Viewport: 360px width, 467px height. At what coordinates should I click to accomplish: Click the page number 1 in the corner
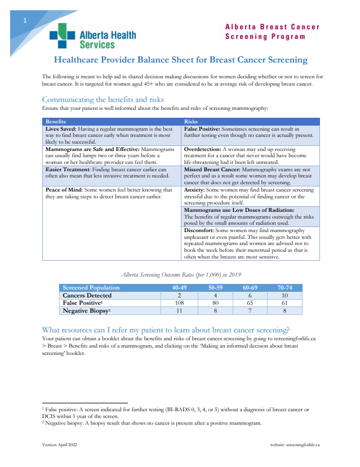click(x=25, y=21)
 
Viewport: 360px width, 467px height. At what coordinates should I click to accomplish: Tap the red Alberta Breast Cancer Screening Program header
click(x=272, y=32)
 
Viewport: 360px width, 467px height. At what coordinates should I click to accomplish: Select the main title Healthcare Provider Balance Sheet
click(x=180, y=60)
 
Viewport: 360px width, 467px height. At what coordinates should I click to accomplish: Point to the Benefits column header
click(x=56, y=121)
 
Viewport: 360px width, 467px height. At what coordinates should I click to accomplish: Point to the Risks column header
click(x=191, y=121)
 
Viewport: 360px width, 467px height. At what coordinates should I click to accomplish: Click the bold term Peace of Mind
click(x=66, y=190)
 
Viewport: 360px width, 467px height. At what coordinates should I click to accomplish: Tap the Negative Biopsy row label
click(x=86, y=310)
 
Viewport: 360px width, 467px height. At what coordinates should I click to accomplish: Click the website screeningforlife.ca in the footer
click(x=295, y=444)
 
